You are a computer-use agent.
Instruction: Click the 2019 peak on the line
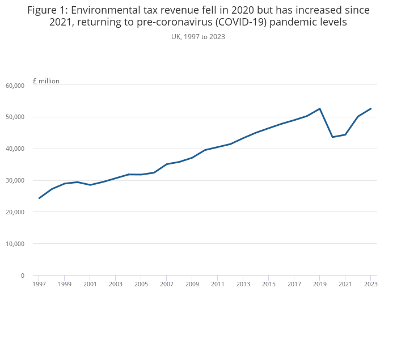point(320,109)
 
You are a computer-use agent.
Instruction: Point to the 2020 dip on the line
point(332,137)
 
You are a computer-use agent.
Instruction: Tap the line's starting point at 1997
point(39,198)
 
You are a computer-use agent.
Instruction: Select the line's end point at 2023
point(371,109)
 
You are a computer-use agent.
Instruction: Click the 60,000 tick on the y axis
point(15,86)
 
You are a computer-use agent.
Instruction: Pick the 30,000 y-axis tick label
point(15,180)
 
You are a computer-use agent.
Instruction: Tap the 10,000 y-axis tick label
point(15,244)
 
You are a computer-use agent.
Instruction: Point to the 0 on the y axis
point(22,276)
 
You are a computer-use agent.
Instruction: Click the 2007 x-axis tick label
point(167,284)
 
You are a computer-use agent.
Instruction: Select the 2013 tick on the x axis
point(243,284)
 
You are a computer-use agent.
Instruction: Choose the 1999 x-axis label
point(65,284)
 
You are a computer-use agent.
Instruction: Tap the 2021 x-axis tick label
point(345,284)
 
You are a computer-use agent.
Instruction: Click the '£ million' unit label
point(46,81)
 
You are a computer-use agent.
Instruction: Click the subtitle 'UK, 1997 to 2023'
point(198,36)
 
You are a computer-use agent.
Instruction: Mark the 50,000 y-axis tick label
point(15,117)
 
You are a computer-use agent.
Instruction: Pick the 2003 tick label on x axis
point(116,284)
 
